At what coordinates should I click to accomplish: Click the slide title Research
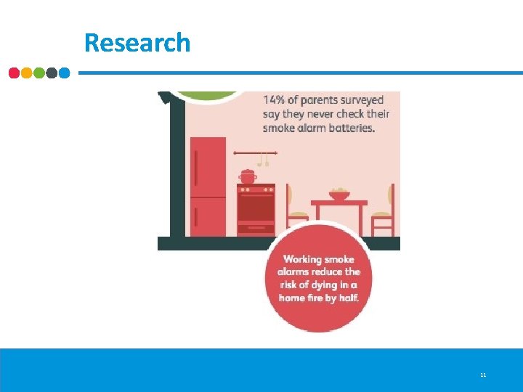click(x=137, y=43)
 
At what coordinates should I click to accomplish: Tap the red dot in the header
click(x=15, y=73)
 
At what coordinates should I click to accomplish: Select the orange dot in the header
click(x=27, y=73)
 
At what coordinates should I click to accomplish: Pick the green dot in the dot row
click(x=39, y=73)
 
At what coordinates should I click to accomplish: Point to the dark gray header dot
click(x=52, y=73)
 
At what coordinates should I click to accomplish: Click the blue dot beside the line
click(x=64, y=73)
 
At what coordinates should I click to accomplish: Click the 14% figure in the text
click(x=274, y=99)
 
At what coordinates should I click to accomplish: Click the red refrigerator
click(x=208, y=186)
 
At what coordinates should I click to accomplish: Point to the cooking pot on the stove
click(x=248, y=176)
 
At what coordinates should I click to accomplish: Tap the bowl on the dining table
click(x=338, y=195)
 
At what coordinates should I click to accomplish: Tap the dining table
click(x=339, y=206)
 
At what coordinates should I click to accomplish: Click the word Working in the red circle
click(x=302, y=259)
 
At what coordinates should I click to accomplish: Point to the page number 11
click(x=483, y=375)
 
